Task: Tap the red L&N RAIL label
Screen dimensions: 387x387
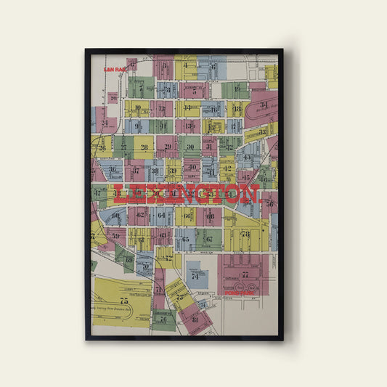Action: [115, 69]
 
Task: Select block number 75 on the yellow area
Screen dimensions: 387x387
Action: [124, 300]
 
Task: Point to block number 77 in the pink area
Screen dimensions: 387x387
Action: [245, 275]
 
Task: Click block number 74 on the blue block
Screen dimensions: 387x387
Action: [195, 276]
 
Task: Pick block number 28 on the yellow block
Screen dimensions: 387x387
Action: [144, 147]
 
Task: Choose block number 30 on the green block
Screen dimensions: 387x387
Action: [191, 147]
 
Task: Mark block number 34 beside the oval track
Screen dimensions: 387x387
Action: [264, 105]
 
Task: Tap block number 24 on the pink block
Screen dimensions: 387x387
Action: [105, 123]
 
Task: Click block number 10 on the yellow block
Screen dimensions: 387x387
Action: [137, 108]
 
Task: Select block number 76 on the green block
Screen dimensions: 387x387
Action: [163, 319]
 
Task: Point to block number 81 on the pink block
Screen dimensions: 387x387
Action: [194, 319]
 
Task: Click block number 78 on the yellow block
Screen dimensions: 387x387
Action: [245, 234]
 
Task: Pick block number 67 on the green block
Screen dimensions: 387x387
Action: [209, 238]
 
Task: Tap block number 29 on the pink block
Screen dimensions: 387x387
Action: [168, 147]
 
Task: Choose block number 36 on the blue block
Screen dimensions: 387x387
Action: [113, 170]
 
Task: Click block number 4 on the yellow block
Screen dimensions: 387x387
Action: [186, 65]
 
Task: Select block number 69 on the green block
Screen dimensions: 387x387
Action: [129, 259]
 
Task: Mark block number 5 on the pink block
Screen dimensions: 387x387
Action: [194, 92]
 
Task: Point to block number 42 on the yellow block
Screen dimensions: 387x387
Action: [227, 168]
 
